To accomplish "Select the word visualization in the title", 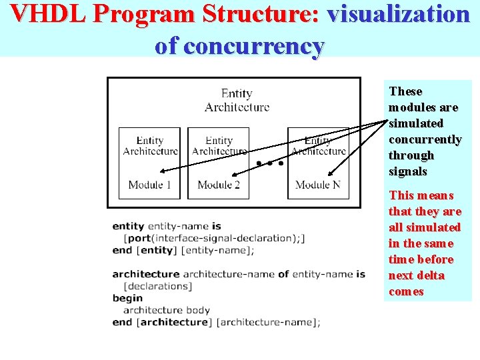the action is (x=399, y=14).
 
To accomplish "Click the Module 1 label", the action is (x=150, y=185).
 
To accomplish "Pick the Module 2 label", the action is (x=219, y=185).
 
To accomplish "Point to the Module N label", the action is (x=317, y=185).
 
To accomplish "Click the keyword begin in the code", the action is (x=127, y=298).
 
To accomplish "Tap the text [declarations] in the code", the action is (x=158, y=286).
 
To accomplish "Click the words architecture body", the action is (x=167, y=310).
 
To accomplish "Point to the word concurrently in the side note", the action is (x=425, y=139).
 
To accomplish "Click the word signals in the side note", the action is (x=407, y=171).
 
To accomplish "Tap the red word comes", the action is (x=406, y=291).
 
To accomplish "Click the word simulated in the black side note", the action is (x=415, y=123).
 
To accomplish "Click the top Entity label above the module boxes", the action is (x=237, y=94).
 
